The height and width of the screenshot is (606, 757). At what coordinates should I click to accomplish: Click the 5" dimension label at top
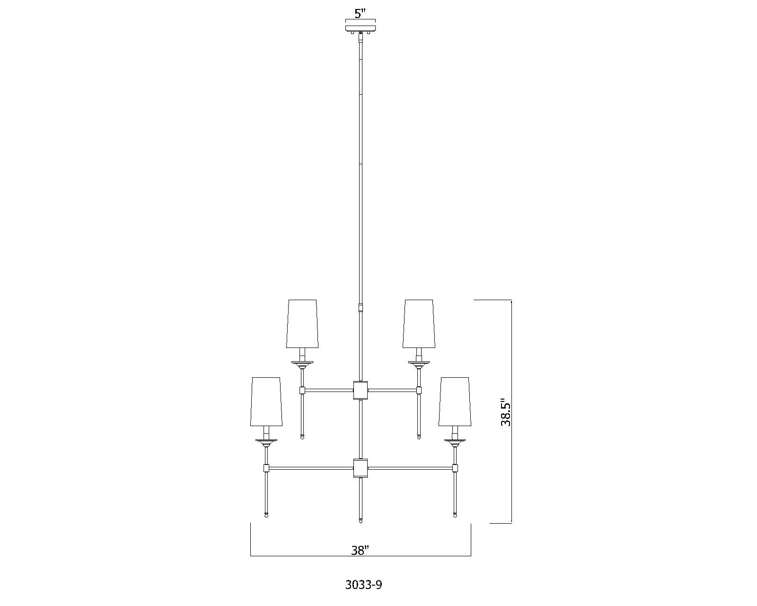[361, 13]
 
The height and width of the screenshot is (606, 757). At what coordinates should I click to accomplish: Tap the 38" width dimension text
[360, 551]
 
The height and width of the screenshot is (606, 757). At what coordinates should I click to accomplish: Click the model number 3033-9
[363, 585]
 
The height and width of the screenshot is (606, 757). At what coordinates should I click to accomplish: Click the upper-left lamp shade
[302, 323]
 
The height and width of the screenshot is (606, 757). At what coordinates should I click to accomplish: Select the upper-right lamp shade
[418, 323]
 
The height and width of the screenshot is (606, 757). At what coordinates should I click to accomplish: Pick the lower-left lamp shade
[266, 401]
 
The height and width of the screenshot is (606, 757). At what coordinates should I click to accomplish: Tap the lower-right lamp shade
[455, 401]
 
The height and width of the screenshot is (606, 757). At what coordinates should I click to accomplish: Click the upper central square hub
[361, 390]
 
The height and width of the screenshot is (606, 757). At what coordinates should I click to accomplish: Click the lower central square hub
[361, 468]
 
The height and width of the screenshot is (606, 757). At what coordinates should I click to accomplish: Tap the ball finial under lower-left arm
[266, 515]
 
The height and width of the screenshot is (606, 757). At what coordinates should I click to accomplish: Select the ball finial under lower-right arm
[455, 515]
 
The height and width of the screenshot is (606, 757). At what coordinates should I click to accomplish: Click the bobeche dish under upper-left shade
[302, 364]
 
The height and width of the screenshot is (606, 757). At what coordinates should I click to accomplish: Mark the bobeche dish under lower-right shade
[455, 442]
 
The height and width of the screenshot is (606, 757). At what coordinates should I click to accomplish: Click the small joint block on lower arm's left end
[266, 468]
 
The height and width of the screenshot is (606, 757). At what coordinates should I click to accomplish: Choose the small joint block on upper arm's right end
[419, 390]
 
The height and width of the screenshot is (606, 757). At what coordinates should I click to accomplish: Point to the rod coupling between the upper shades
[361, 309]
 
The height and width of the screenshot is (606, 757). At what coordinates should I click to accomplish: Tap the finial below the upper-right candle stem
[419, 437]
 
